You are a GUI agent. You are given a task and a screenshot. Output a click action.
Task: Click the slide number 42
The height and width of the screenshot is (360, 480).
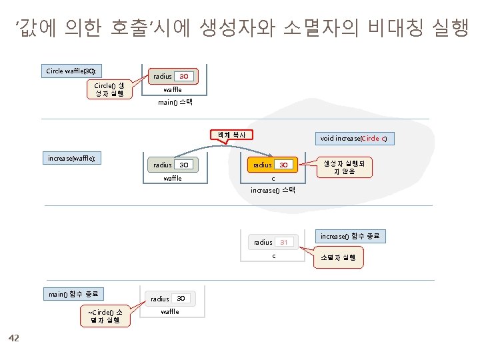[14, 339]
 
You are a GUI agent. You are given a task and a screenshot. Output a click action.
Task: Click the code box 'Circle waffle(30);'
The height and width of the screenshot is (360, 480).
[72, 71]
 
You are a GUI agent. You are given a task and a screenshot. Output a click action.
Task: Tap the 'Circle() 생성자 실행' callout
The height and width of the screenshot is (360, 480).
[108, 89]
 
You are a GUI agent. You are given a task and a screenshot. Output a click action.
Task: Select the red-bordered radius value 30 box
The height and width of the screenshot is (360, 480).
[184, 76]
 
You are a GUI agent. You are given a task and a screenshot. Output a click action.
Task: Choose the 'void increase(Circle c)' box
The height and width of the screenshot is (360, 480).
[353, 139]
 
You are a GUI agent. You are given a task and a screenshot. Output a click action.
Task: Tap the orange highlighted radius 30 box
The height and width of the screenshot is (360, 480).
[273, 165]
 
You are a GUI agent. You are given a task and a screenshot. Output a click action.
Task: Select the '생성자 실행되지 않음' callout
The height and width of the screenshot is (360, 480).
[339, 167]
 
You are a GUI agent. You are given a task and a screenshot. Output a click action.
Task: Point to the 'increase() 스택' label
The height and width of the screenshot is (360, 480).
[273, 191]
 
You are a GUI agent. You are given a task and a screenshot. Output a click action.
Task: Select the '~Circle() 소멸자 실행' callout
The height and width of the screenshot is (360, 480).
[104, 315]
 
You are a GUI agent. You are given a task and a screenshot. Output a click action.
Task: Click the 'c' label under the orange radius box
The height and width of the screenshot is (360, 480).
[273, 179]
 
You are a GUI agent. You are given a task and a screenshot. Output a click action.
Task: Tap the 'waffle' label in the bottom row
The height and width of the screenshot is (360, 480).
[170, 312]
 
